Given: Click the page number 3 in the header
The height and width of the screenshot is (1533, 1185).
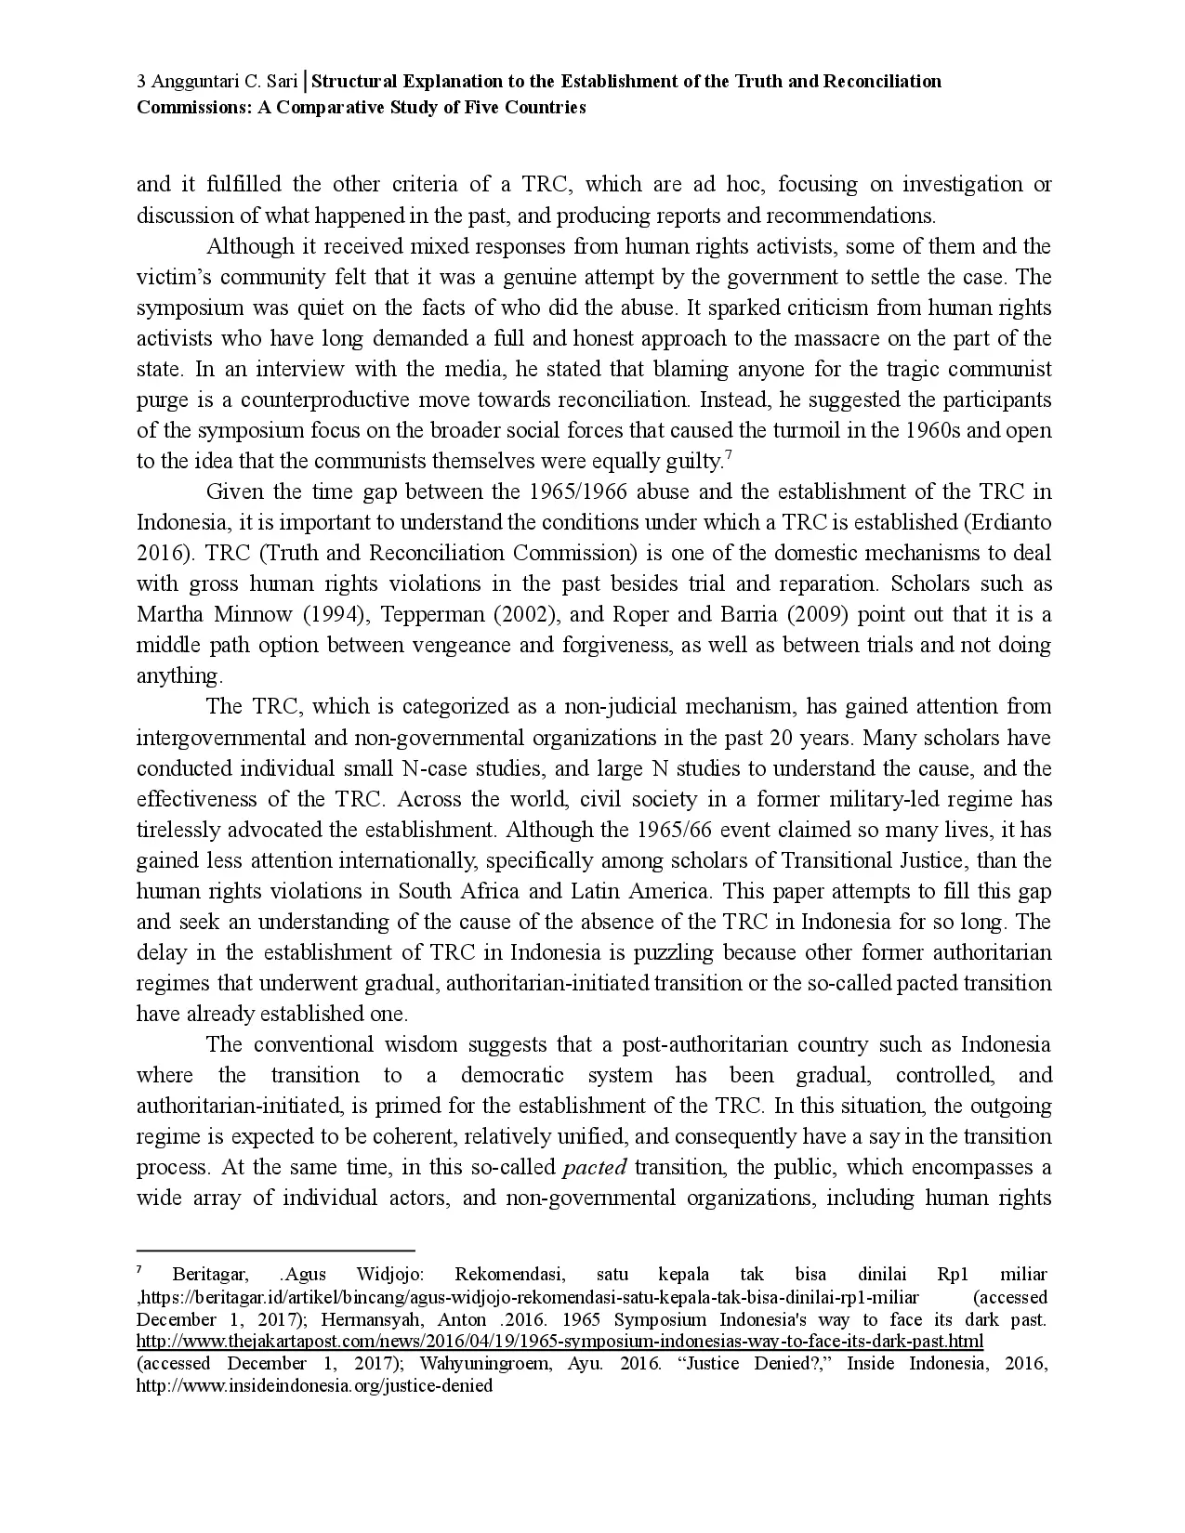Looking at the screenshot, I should click(140, 82).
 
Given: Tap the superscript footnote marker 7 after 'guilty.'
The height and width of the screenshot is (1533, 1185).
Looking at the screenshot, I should click(729, 454).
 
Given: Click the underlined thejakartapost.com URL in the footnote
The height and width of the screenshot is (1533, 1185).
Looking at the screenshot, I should click(560, 1342).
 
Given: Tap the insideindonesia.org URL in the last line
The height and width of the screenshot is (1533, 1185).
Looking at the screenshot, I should click(314, 1386).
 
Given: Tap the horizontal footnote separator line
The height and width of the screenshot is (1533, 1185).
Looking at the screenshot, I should click(275, 1251).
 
